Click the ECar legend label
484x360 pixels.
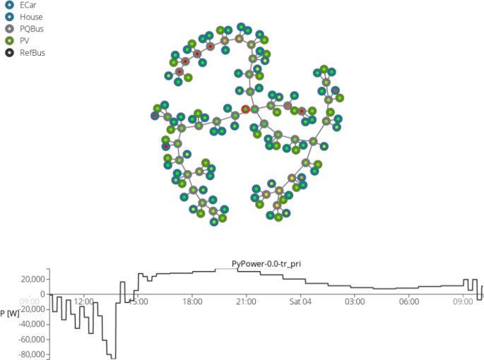[x=28, y=5]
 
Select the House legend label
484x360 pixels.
[x=31, y=17]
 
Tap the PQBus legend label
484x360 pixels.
[x=32, y=29]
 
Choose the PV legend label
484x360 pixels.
[x=25, y=41]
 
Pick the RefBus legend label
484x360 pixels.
[x=33, y=53]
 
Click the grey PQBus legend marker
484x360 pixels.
[x=10, y=29]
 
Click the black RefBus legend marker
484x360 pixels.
[x=10, y=53]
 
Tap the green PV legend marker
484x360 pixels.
[x=10, y=41]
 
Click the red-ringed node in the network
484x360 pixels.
[x=245, y=109]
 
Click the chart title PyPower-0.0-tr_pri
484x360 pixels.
[x=266, y=264]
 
